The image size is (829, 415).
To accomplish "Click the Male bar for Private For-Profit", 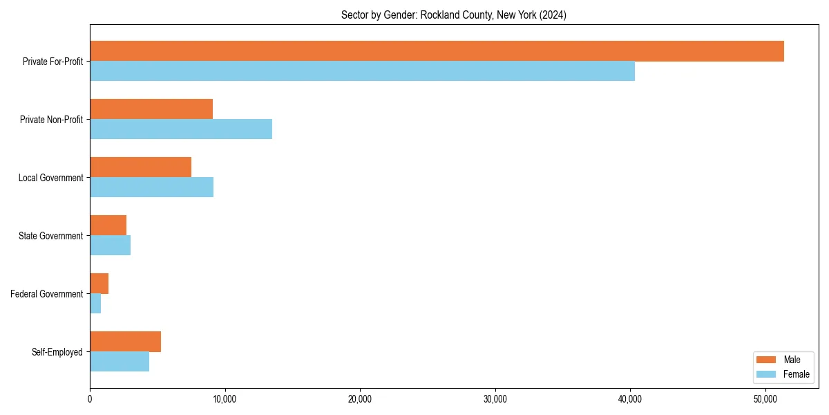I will click(437, 51).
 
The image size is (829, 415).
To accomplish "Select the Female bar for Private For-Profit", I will click(362, 71).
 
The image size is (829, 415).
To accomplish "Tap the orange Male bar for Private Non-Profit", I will click(151, 109).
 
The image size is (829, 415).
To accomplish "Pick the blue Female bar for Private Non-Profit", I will click(181, 129).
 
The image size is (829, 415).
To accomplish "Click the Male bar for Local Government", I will click(140, 167).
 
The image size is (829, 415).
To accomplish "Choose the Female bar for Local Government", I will click(151, 187).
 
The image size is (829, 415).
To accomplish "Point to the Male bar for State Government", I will click(108, 225).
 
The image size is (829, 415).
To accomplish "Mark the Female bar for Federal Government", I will click(95, 304).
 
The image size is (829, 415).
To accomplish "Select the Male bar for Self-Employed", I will click(125, 342).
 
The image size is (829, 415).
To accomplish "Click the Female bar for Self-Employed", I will click(120, 362).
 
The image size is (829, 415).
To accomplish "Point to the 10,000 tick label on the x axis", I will click(225, 399).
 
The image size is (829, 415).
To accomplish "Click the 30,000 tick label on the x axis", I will click(495, 399).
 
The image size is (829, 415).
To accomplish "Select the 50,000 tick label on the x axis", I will click(765, 399).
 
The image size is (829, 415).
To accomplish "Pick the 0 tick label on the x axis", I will click(90, 399).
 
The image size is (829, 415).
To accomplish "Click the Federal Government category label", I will click(47, 294).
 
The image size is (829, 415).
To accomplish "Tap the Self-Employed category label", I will click(57, 352).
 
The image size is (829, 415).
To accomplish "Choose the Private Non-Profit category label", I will click(51, 120).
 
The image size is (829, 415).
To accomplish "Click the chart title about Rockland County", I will click(454, 15).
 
